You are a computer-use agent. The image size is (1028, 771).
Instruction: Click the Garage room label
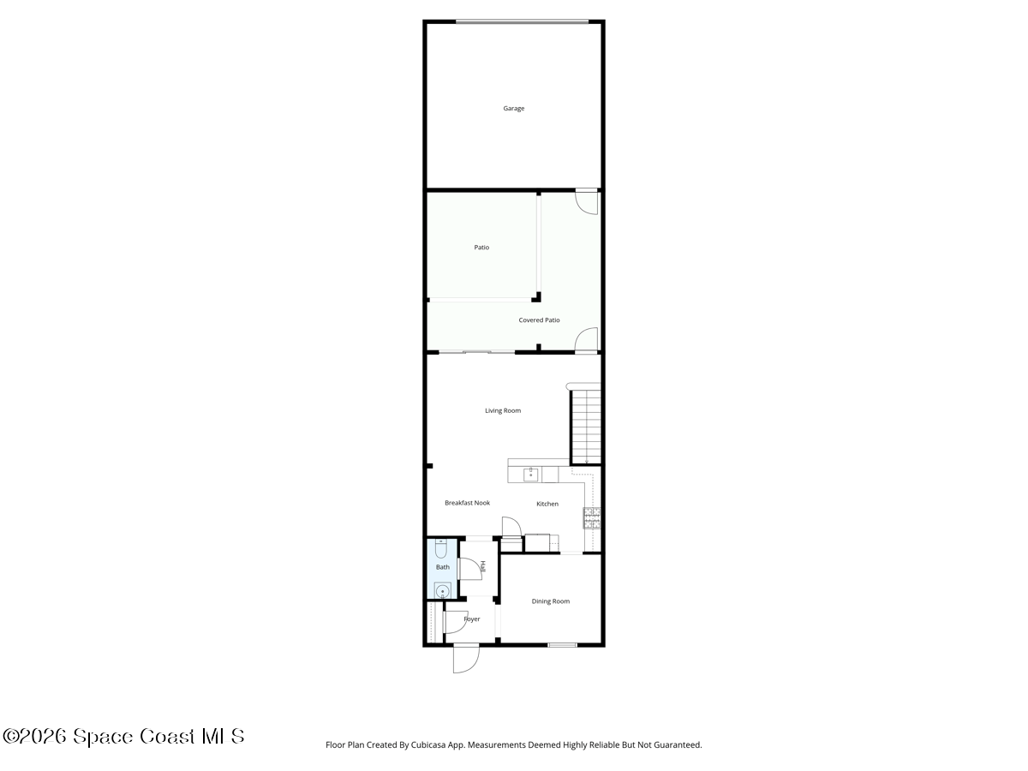click(x=513, y=109)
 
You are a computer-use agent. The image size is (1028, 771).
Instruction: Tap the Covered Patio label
click(x=539, y=320)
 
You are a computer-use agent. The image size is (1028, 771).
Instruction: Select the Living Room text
click(x=503, y=410)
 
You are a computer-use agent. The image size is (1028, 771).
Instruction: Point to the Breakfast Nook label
click(x=467, y=503)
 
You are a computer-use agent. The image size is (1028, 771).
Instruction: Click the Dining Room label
click(x=550, y=601)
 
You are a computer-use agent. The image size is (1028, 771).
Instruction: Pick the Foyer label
click(x=472, y=619)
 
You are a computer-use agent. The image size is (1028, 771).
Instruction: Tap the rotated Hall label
click(x=483, y=566)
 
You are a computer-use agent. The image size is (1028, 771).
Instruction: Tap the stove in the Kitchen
click(x=592, y=517)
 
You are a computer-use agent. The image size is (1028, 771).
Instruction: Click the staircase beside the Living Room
click(x=586, y=426)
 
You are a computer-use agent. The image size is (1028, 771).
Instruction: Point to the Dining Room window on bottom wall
click(x=562, y=645)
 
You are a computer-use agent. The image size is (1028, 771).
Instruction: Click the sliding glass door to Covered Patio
click(x=476, y=352)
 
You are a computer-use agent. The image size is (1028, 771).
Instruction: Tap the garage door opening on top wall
click(x=522, y=22)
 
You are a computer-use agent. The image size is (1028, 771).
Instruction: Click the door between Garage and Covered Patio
click(x=587, y=200)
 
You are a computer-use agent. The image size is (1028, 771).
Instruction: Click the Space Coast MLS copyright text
click(x=124, y=736)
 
